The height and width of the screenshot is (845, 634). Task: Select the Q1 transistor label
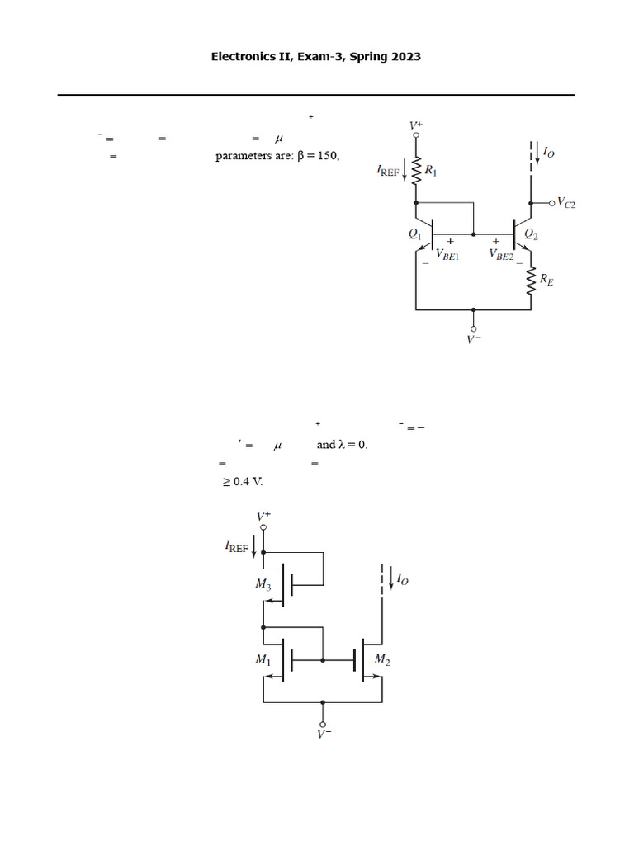click(415, 234)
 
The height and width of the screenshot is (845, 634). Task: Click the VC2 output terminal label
click(566, 202)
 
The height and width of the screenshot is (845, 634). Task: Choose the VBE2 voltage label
click(504, 255)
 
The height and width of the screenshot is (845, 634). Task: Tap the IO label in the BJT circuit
click(548, 153)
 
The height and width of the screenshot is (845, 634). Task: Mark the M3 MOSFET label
click(263, 585)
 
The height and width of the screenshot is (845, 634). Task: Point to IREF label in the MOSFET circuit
click(237, 545)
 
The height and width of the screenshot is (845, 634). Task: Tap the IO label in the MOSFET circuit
click(402, 580)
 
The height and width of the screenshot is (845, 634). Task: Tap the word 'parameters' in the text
click(244, 156)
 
